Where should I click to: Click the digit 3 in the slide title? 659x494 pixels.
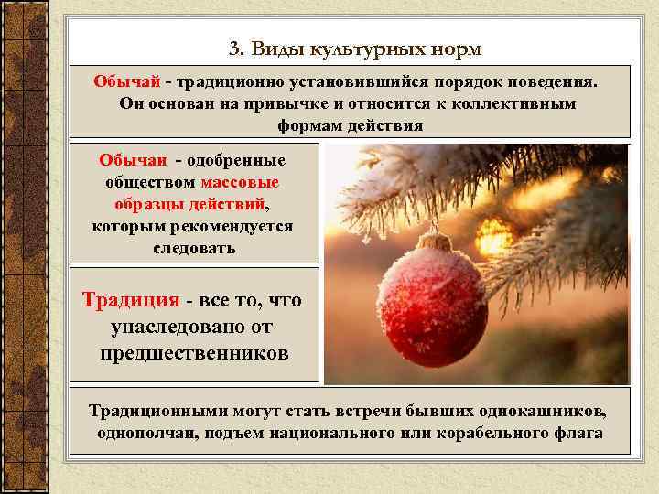click(233, 47)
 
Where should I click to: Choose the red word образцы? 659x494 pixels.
click(153, 202)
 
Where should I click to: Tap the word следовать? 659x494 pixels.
click(193, 247)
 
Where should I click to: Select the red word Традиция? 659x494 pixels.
click(130, 299)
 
